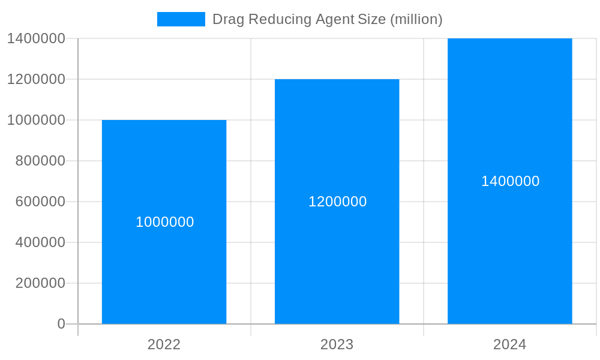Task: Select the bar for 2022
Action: coord(164,270)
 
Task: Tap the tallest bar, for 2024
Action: coord(509,252)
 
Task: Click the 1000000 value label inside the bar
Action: coord(164,222)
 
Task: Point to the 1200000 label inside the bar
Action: coord(337,202)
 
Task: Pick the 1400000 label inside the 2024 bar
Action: coord(510,181)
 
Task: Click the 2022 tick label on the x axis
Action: coord(164,344)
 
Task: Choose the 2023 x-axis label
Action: coord(337,344)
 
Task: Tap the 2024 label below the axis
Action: coord(509,344)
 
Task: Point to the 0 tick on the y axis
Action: coord(61,324)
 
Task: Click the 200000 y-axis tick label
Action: coord(40,283)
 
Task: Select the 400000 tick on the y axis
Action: coord(40,242)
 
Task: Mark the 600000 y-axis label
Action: coord(40,202)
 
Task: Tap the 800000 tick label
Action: coord(40,161)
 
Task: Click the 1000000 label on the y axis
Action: coord(36,120)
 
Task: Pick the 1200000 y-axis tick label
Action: coord(36,79)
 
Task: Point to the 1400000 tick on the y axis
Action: coord(36,38)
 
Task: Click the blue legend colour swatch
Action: coord(181,19)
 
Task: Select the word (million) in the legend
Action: coord(416,19)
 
